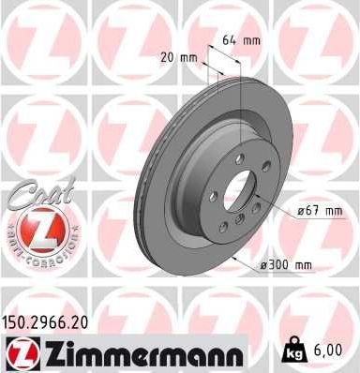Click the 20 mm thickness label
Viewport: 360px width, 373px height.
[181, 56]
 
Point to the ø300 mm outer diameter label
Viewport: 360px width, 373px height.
[285, 266]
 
